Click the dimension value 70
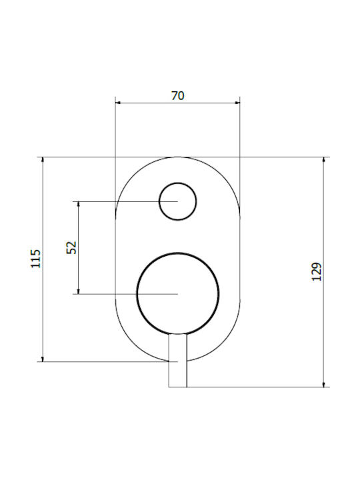(x=178, y=96)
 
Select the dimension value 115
(x=36, y=259)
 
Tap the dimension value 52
(x=71, y=247)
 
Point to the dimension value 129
(x=317, y=272)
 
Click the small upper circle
(x=178, y=183)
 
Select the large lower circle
(x=178, y=253)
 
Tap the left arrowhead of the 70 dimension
(x=117, y=103)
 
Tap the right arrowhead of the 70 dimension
(x=237, y=103)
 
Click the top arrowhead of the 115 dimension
(x=43, y=159)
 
